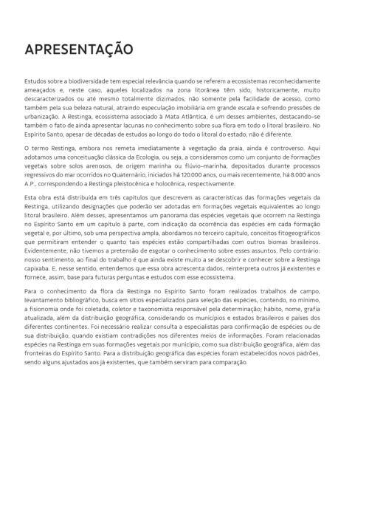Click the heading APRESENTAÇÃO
click(78, 50)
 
